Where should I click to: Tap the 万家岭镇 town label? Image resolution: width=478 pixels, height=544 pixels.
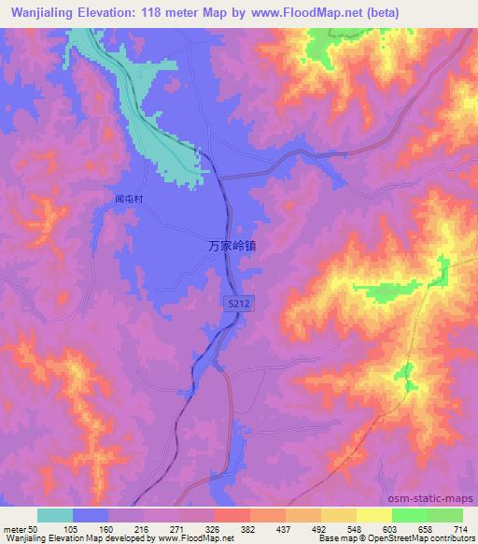point(232,246)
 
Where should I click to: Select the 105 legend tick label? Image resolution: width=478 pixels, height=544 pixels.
point(71,529)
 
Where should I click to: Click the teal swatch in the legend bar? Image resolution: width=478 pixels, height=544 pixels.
point(55,516)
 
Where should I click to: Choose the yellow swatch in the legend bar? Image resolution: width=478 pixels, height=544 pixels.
point(374,516)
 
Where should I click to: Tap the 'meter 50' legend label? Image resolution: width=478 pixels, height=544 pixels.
point(21,529)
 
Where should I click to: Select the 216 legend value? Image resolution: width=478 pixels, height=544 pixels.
point(141,529)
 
